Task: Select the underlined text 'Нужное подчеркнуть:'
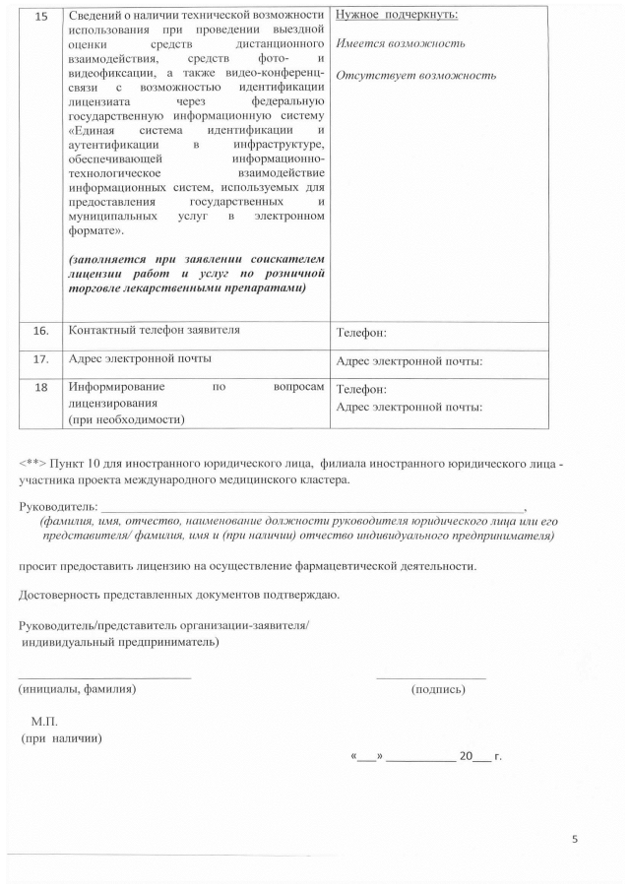pos(397,16)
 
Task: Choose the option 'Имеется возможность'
pos(401,44)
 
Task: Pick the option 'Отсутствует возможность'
pos(415,76)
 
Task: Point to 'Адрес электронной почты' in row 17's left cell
pos(140,358)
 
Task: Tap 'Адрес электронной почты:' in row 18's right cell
pos(409,407)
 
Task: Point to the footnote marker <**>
pos(32,464)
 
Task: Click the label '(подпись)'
pos(438,689)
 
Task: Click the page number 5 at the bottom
pos(575,839)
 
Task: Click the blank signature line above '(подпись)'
pos(430,677)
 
